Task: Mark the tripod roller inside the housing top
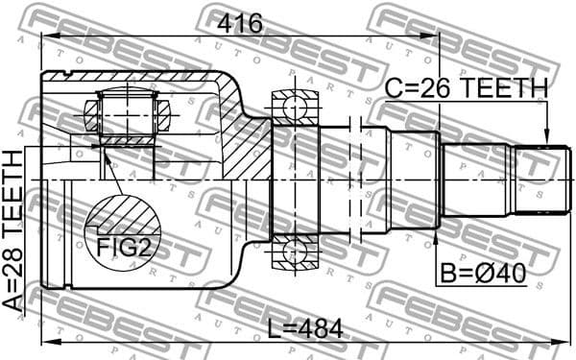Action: click(x=127, y=114)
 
